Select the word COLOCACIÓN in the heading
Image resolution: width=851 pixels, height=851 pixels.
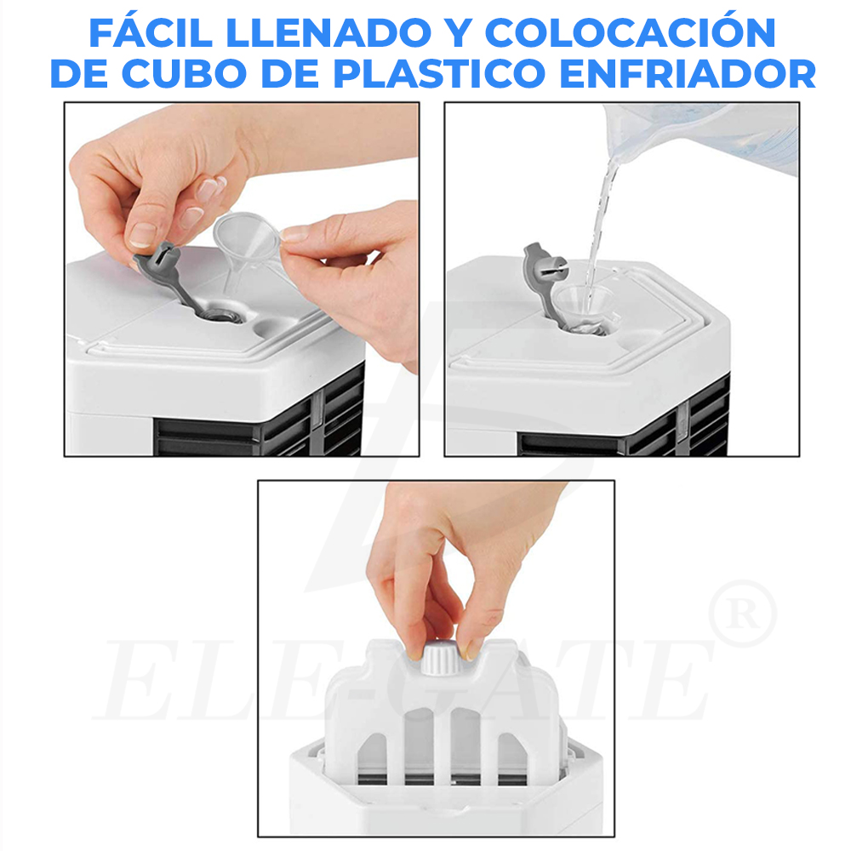(x=631, y=33)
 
